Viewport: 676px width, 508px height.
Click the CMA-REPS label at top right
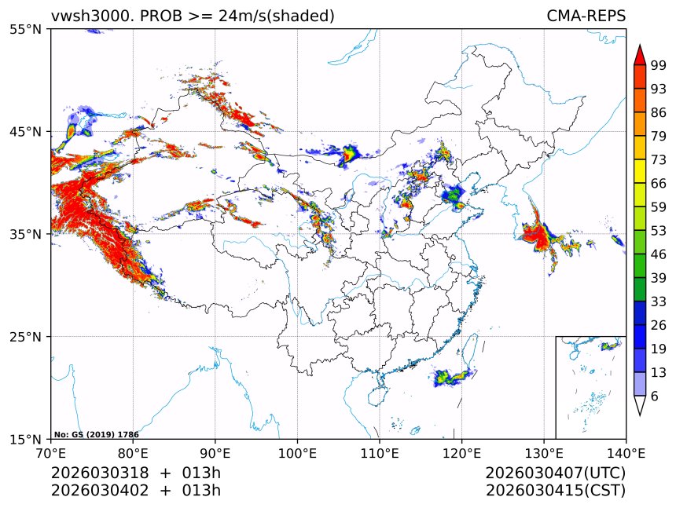586,16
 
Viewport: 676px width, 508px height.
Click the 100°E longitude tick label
297,453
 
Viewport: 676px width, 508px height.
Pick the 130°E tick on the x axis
544,453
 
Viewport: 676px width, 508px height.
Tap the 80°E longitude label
133,453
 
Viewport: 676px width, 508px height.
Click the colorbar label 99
659,65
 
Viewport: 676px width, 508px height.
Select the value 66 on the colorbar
659,183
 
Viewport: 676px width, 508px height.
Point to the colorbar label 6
655,396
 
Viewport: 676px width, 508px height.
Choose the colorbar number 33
659,302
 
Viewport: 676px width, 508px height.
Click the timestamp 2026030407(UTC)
555,473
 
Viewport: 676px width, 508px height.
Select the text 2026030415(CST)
555,491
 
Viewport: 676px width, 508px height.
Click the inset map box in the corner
590,387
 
